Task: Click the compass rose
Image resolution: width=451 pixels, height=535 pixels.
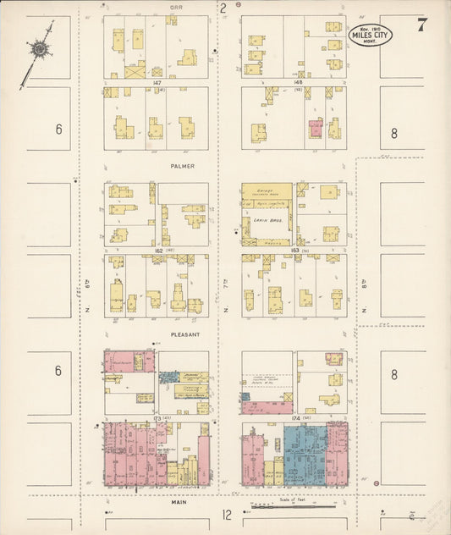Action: point(39,49)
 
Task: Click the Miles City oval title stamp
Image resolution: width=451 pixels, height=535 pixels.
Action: point(371,35)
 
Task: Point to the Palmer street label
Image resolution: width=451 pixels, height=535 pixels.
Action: point(181,166)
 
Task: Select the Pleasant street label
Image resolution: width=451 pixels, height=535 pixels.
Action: point(184,334)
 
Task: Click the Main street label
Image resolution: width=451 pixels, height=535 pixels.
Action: point(179,502)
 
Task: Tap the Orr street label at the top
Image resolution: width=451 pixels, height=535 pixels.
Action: point(176,7)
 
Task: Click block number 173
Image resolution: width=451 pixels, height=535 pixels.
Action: point(157,419)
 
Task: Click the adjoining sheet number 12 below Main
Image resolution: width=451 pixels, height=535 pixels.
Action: point(226,515)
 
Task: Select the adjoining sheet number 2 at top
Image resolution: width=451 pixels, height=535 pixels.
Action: point(223,8)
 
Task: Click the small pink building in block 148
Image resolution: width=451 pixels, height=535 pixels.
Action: point(315,129)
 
